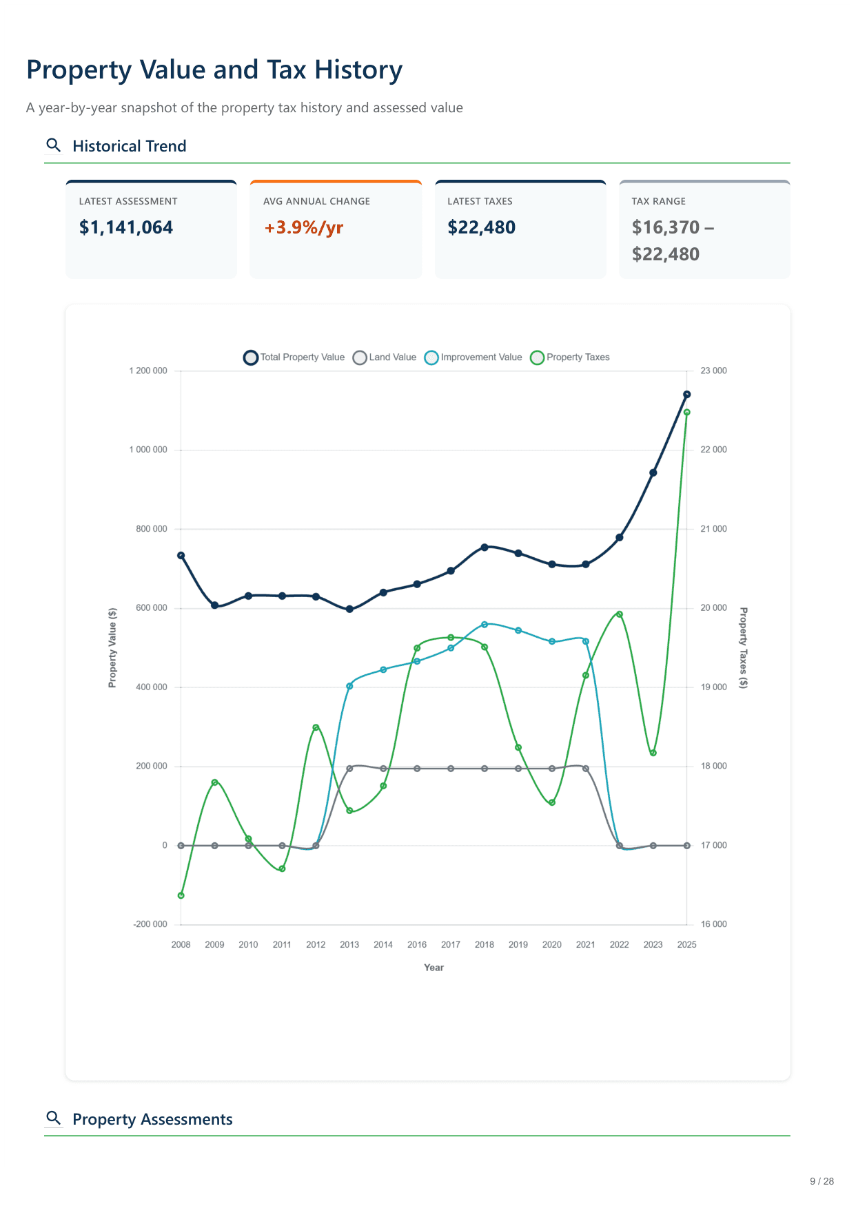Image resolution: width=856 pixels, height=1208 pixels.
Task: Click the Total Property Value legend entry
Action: point(294,357)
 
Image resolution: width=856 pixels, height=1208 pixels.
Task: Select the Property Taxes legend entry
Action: point(570,357)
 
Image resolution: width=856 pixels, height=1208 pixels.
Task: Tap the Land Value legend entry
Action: point(385,357)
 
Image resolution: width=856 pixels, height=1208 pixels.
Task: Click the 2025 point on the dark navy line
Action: point(686,395)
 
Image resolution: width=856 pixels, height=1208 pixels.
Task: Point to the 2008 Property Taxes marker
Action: point(181,895)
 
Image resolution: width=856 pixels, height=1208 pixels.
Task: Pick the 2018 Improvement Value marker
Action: point(485,625)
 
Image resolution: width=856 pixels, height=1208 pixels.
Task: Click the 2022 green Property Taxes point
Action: point(620,614)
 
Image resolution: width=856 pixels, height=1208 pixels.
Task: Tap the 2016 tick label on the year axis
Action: point(417,945)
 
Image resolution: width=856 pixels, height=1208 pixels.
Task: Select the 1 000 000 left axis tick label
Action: point(148,450)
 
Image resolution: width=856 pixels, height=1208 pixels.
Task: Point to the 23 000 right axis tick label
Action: point(713,371)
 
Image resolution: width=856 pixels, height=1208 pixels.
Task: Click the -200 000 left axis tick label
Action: point(150,924)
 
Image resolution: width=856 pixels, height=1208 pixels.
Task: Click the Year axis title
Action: point(434,968)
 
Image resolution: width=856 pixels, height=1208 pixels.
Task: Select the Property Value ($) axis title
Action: point(112,647)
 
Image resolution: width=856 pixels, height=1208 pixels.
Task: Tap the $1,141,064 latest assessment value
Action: point(126,228)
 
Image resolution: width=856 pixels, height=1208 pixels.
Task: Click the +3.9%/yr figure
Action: point(303,228)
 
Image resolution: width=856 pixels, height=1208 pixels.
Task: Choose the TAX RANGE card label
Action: point(658,201)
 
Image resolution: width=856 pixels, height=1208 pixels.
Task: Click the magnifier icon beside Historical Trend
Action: point(53,145)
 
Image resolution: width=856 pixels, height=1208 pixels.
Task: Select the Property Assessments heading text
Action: point(152,1119)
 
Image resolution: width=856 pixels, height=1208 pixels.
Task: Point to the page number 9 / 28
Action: point(822,1181)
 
